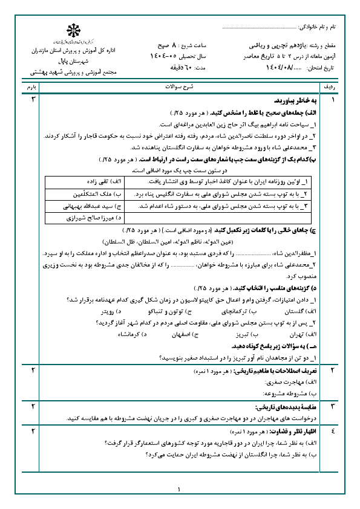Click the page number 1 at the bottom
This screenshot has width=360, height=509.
coord(180,490)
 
